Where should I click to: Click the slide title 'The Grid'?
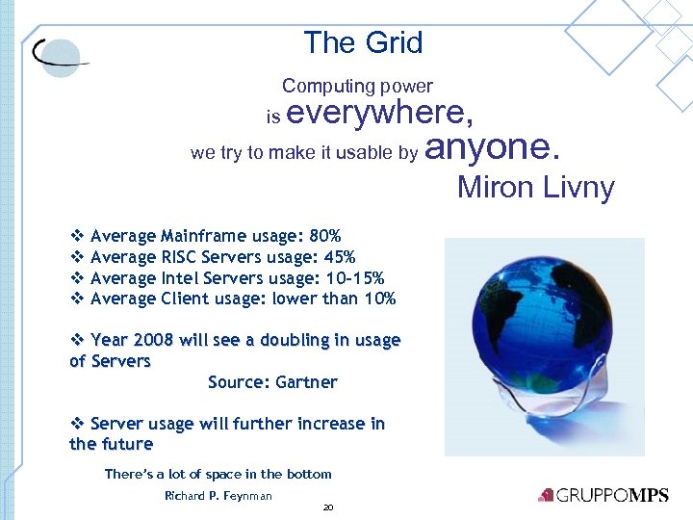tap(363, 43)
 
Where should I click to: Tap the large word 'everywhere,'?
tap(380, 114)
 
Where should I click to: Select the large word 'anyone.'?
tap(491, 147)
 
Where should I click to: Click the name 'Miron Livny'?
tap(535, 187)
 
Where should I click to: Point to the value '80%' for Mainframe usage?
tap(325, 236)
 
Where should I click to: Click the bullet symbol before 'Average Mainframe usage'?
tap(77, 236)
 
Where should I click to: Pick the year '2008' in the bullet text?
tap(155, 340)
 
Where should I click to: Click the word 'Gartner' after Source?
tap(306, 382)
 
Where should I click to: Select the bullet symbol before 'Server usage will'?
tap(77, 424)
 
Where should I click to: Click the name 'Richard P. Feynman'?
tap(218, 496)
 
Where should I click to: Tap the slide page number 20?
tap(328, 507)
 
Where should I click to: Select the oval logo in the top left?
tap(58, 57)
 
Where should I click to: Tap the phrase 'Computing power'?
tap(357, 87)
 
